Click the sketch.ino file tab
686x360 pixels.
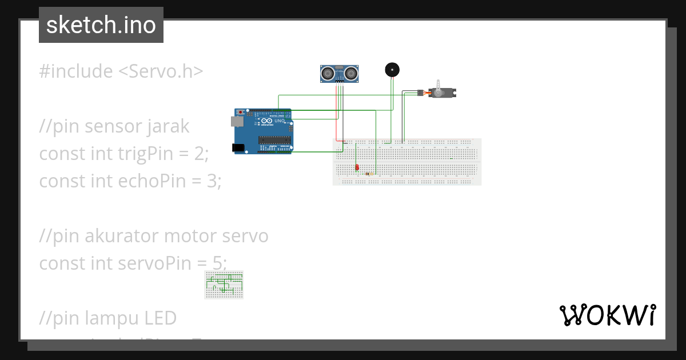click(x=101, y=25)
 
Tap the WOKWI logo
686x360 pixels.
click(x=607, y=315)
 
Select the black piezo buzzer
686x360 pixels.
click(x=392, y=70)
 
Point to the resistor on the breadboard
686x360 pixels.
click(x=370, y=174)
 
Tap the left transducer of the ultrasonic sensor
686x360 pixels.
click(x=328, y=73)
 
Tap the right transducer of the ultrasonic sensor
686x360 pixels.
click(x=351, y=73)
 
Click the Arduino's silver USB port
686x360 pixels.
click(x=236, y=121)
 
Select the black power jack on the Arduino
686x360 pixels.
click(x=238, y=148)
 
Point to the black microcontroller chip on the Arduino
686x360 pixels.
click(x=273, y=141)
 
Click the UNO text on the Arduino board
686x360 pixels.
click(x=280, y=122)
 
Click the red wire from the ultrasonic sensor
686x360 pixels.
click(x=336, y=114)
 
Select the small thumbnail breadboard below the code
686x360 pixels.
click(x=224, y=285)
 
